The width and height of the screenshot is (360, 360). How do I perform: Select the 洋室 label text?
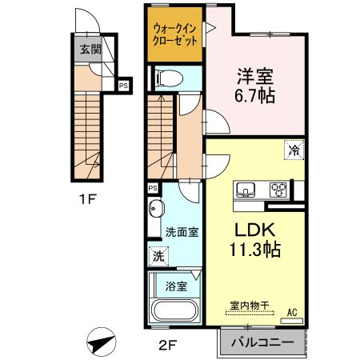click(255, 78)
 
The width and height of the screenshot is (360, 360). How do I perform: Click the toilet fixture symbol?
click(167, 77)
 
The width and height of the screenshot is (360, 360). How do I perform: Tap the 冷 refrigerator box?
click(294, 150)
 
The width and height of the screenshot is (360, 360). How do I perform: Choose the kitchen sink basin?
click(246, 190)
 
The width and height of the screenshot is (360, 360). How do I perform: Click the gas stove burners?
click(278, 190)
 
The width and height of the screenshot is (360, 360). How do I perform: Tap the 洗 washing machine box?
click(158, 257)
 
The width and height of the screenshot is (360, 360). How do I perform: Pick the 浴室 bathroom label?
click(176, 286)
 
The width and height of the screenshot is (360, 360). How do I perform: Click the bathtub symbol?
click(174, 310)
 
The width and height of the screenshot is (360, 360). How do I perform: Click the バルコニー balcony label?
click(261, 342)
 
